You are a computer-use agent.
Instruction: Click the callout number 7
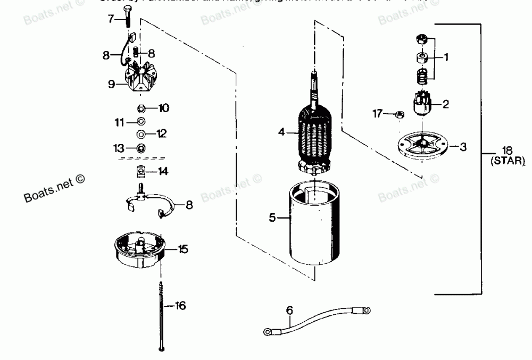111,19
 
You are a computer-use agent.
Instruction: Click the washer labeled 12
142,133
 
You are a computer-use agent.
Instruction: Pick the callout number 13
118,147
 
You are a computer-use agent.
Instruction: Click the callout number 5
272,217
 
